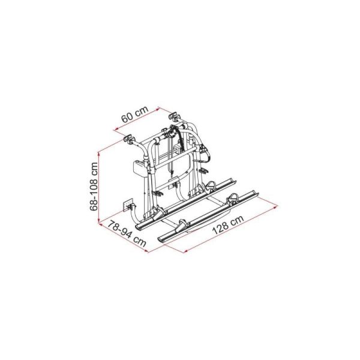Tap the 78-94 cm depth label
tap(127, 233)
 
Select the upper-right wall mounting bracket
tap(175, 115)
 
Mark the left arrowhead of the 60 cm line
tap(114, 130)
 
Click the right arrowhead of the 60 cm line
tap(158, 108)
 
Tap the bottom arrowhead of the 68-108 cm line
tap(98, 223)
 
